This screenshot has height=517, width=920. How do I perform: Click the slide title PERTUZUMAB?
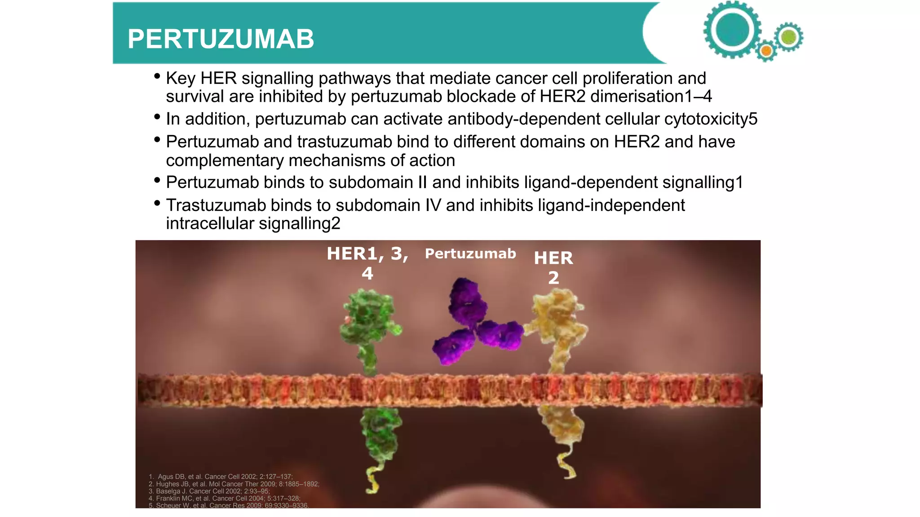click(221, 39)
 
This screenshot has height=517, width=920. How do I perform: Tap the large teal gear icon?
click(732, 31)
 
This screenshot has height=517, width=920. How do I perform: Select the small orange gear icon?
click(766, 51)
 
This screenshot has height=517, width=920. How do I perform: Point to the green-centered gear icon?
click(789, 37)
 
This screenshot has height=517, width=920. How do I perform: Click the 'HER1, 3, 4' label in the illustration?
click(367, 263)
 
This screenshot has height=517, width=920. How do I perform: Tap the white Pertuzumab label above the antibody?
click(470, 254)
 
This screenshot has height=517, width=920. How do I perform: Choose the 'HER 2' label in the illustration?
click(553, 267)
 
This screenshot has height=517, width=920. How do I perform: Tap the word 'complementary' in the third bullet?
click(225, 160)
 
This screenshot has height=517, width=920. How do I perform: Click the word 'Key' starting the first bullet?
click(181, 79)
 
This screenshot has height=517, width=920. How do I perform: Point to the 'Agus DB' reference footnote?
click(221, 477)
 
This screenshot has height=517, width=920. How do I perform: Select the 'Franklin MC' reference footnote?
click(225, 498)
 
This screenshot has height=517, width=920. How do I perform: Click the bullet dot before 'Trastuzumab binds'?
click(157, 203)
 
